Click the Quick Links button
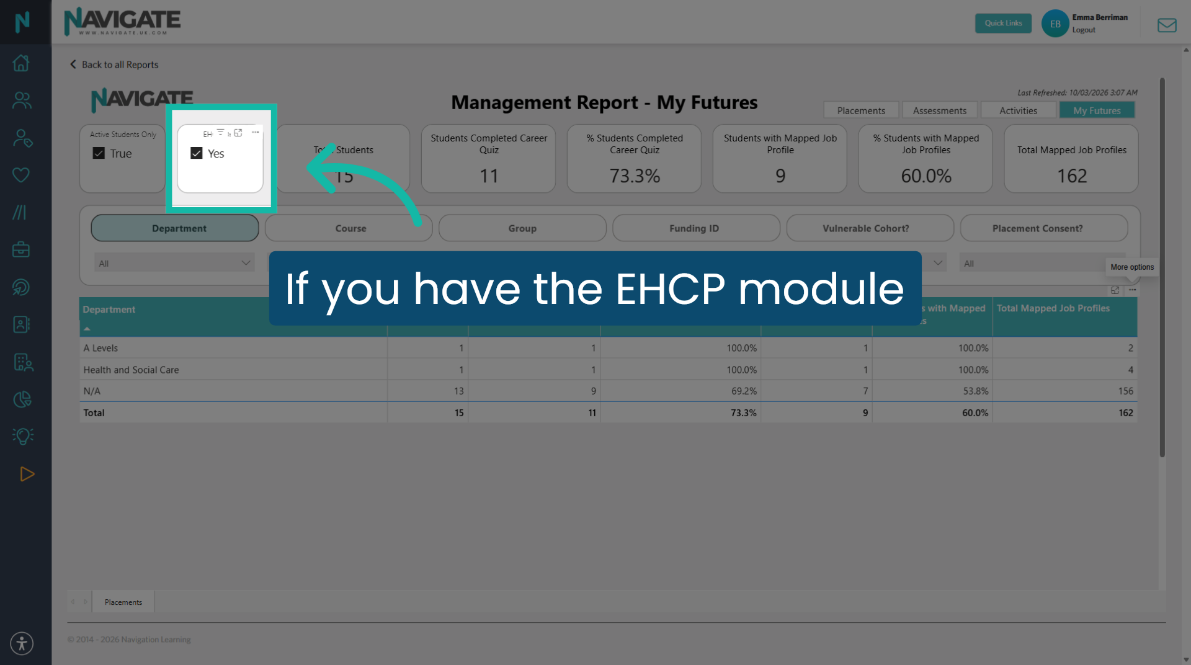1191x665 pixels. (x=1003, y=24)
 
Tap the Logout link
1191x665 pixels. (x=1084, y=30)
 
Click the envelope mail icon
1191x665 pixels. (x=1166, y=25)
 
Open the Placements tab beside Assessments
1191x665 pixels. (x=861, y=110)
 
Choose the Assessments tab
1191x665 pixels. (x=939, y=110)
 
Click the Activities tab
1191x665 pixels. (x=1018, y=110)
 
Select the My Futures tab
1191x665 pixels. (x=1097, y=110)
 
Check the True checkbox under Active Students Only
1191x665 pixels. (x=99, y=153)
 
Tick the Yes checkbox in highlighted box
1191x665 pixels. (x=197, y=153)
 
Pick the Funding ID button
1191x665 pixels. (x=695, y=228)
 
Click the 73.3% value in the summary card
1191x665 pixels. (x=634, y=176)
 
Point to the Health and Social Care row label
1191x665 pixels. (x=131, y=370)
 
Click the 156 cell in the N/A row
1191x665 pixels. (x=1125, y=391)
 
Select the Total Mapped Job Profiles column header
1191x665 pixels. (x=1053, y=308)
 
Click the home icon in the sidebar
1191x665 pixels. (x=22, y=63)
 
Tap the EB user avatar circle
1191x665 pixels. (x=1055, y=24)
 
